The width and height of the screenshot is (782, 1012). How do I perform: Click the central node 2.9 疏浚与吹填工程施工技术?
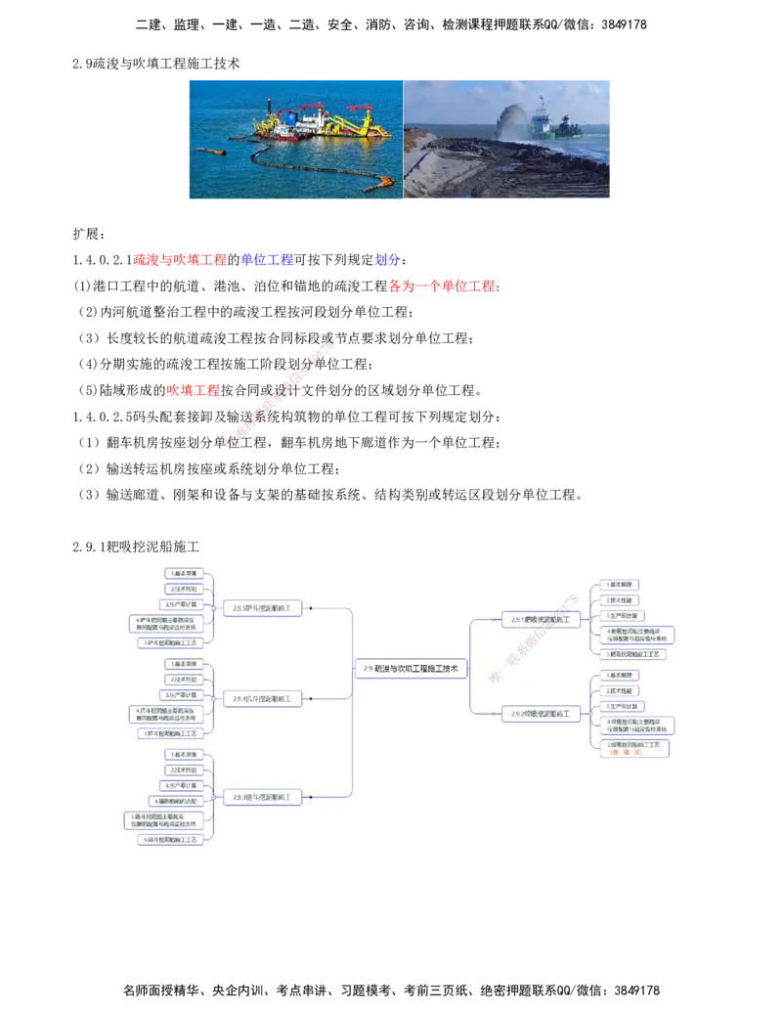(x=411, y=669)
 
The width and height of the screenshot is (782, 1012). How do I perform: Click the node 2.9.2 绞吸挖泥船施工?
(x=541, y=715)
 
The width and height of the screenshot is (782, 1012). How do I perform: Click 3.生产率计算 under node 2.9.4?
(x=182, y=694)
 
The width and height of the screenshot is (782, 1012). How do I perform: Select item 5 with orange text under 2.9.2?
(x=635, y=747)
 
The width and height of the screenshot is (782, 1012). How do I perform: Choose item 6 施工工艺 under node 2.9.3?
(x=176, y=839)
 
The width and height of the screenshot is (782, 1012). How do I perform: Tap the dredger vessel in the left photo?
(x=313, y=122)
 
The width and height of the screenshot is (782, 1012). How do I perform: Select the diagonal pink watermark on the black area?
(x=280, y=396)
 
